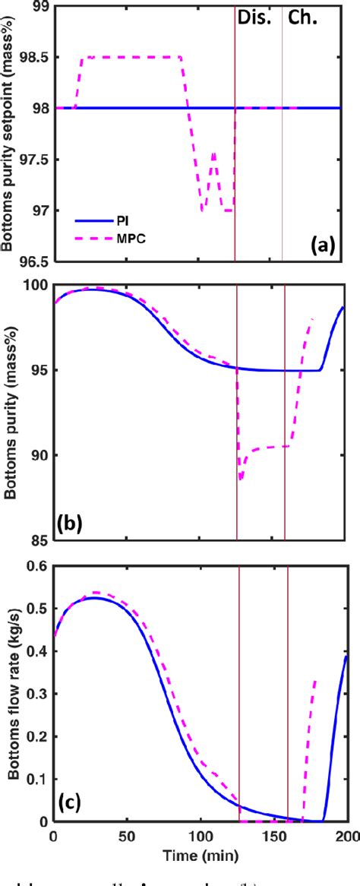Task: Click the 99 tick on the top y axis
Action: [39, 6]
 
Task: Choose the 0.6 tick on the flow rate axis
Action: [36, 565]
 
